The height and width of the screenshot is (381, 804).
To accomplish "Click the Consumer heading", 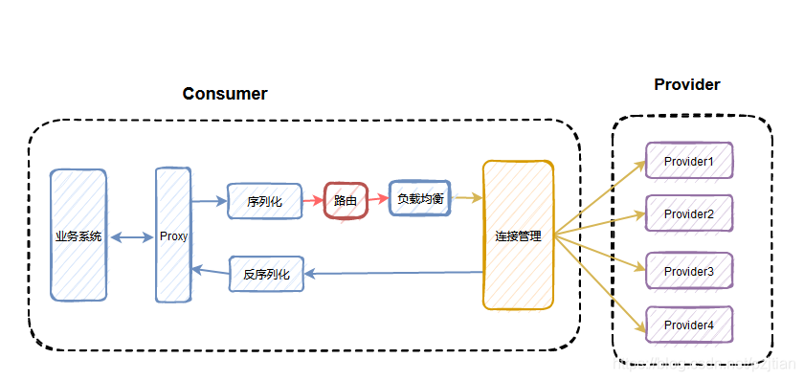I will (225, 94).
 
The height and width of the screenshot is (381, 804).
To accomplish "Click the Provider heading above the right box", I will (686, 85).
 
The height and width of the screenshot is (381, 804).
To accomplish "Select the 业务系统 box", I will (78, 235).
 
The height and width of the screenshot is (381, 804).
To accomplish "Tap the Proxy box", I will (173, 235).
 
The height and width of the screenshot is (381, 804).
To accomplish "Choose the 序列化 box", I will (264, 201).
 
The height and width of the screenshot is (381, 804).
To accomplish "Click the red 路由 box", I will (346, 200).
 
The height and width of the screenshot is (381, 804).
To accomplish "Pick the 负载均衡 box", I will (419, 198).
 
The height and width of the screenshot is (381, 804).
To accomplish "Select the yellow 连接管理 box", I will (518, 235).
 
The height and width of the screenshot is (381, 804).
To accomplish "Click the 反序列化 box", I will (266, 274).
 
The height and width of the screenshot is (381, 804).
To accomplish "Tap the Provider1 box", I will (689, 161).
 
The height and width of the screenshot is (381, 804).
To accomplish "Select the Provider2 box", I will (689, 213).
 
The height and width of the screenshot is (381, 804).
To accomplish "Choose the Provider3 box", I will (689, 271).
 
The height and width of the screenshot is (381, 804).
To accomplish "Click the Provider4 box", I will (689, 325).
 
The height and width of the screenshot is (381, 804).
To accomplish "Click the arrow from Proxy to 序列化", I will (209, 201).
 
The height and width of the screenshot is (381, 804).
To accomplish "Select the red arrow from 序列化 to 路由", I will (312, 201).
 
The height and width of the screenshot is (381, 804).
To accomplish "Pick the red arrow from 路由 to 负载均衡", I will (378, 200).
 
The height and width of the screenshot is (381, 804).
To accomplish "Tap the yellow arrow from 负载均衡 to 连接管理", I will (466, 198).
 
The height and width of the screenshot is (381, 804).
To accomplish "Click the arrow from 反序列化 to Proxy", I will (211, 272).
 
